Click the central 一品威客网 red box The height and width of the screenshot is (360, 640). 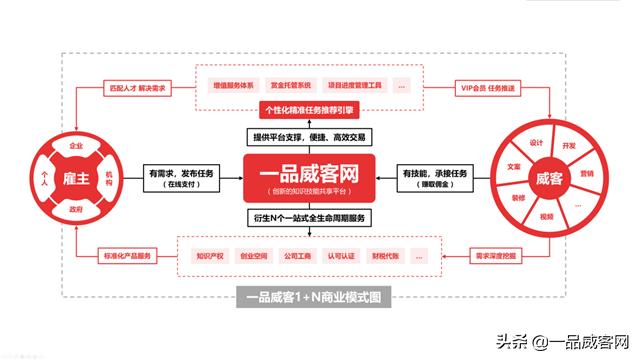click(314, 177)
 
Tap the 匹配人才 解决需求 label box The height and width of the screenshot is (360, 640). click(135, 88)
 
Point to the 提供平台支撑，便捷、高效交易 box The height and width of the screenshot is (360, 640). click(314, 136)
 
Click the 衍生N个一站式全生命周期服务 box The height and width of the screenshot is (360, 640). click(314, 217)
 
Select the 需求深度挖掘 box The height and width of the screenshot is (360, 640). click(494, 258)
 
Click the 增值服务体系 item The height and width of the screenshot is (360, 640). click(228, 86)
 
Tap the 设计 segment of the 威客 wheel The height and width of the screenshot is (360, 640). click(536, 141)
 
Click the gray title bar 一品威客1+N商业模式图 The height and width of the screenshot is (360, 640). click(314, 297)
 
